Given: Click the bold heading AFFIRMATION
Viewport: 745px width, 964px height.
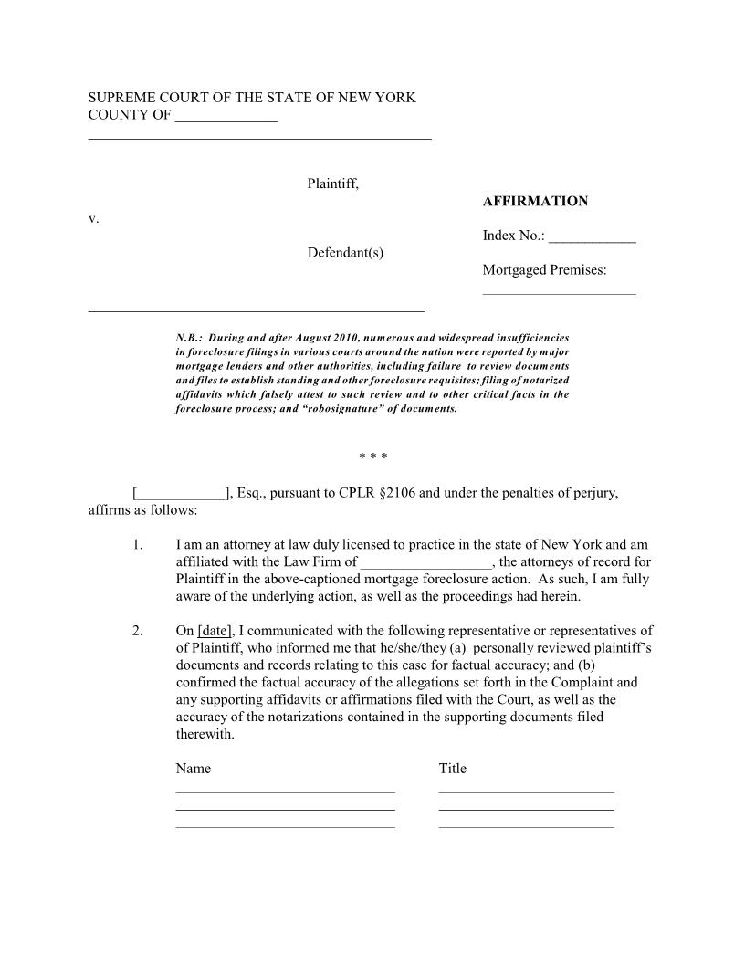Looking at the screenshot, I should pos(535,201).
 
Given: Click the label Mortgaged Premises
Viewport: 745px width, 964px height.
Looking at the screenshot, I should pos(544,269).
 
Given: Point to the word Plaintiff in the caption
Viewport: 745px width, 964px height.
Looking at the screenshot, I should pos(332,183).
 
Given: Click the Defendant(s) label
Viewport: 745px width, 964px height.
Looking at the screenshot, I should pos(345,252).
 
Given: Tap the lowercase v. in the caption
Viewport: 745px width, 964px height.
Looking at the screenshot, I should pos(93,219).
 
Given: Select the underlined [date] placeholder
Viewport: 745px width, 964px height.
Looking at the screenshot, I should pos(215,631).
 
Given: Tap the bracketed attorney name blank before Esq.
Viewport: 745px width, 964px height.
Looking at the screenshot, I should pos(180,494).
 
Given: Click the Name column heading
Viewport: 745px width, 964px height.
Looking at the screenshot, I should pos(193,769).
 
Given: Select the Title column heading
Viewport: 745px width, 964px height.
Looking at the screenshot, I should pos(452,769).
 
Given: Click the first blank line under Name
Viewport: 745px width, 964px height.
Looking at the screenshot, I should pos(285,791).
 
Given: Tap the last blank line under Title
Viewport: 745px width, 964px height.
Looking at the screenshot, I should pos(526,826).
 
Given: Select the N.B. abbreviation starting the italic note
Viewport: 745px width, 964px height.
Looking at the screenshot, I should pos(188,338).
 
